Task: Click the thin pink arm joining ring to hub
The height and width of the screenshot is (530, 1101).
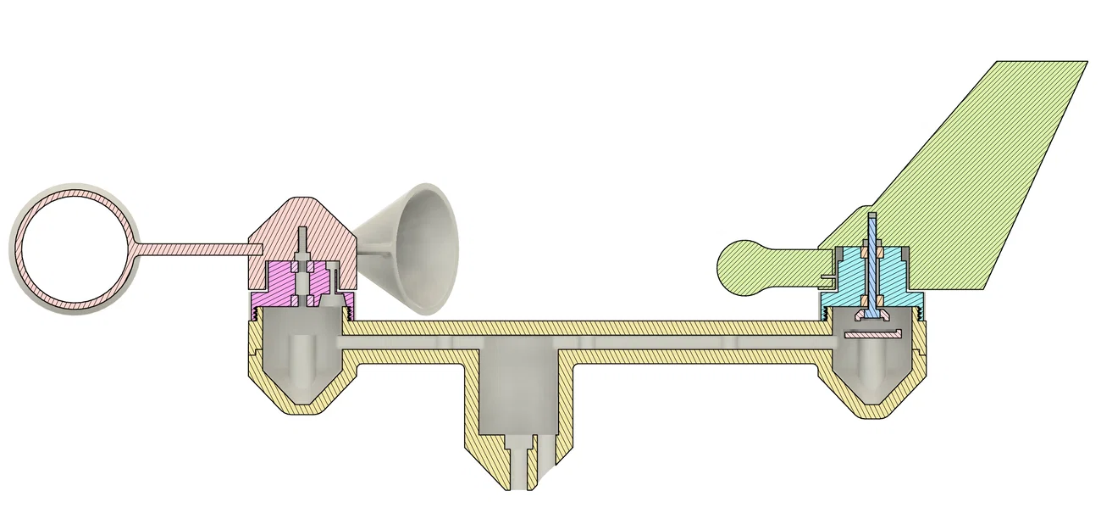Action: (x=195, y=248)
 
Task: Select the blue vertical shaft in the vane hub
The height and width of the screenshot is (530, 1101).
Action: (x=872, y=271)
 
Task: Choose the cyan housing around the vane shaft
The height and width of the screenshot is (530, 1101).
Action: (x=847, y=280)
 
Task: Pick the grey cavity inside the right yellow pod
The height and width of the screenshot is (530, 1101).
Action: (x=872, y=365)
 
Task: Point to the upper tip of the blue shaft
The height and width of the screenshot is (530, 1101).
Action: (x=872, y=217)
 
